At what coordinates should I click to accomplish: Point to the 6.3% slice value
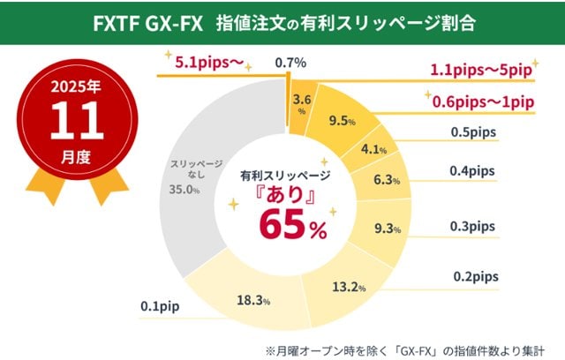point(387,181)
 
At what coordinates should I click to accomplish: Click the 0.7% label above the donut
point(290,62)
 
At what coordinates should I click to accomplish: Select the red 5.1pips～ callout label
point(200,64)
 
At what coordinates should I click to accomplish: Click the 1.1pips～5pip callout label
point(481,70)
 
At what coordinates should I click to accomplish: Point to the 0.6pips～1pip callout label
point(484,102)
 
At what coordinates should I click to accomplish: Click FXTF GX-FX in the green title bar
point(146,22)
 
